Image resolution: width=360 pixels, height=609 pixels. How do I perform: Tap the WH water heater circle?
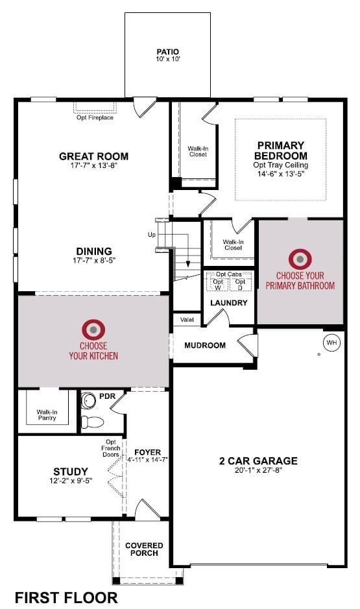click(331, 342)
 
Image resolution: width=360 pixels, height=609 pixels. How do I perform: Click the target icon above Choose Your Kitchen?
click(93, 329)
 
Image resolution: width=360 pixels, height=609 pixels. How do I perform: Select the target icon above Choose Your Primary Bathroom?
click(300, 259)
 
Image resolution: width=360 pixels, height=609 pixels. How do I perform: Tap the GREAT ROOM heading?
click(93, 156)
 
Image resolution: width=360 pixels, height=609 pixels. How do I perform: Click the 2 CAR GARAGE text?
click(258, 461)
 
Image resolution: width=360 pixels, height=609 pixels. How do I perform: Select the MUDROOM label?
click(205, 345)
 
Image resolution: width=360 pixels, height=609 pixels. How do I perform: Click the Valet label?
click(186, 320)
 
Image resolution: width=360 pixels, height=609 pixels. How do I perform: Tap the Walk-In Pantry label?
click(46, 414)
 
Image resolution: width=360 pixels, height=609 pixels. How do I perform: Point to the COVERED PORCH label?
click(144, 550)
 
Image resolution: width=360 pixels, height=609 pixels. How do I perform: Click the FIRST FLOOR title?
click(66, 597)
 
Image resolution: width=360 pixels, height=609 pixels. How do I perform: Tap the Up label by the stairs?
click(152, 233)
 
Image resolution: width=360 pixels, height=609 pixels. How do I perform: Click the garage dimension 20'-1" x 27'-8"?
click(258, 472)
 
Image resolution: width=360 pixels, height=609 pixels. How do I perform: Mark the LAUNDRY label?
click(228, 303)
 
